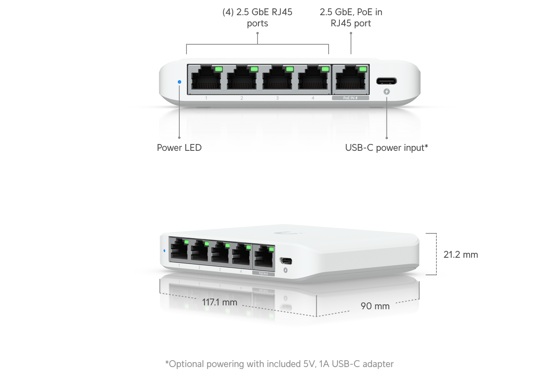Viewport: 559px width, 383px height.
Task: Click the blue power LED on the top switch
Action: [179, 82]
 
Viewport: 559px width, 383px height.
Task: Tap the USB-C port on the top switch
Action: [387, 81]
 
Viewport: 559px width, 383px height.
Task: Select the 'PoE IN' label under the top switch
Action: [351, 98]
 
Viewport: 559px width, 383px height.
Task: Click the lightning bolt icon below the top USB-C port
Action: [387, 92]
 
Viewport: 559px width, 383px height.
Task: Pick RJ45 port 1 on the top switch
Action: [206, 77]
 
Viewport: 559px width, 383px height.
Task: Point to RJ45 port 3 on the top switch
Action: [277, 77]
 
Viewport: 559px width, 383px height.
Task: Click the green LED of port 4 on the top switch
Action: [325, 69]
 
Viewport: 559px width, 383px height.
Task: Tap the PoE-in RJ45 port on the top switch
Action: [351, 77]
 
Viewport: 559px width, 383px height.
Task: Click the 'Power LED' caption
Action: [179, 148]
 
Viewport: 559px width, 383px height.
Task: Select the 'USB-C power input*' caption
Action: [387, 148]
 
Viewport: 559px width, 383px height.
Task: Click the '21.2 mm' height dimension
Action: [461, 255]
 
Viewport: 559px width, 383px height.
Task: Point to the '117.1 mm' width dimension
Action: [219, 302]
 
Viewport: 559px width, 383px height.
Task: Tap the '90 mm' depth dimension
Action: [375, 306]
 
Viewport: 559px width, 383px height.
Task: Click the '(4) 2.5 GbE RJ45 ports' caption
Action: [257, 18]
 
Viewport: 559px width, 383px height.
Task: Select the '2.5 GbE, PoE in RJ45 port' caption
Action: [351, 18]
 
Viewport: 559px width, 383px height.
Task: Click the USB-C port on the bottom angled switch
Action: [286, 261]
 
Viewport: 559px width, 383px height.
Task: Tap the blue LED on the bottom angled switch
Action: [164, 251]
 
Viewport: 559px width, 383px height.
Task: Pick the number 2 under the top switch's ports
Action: [242, 98]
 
